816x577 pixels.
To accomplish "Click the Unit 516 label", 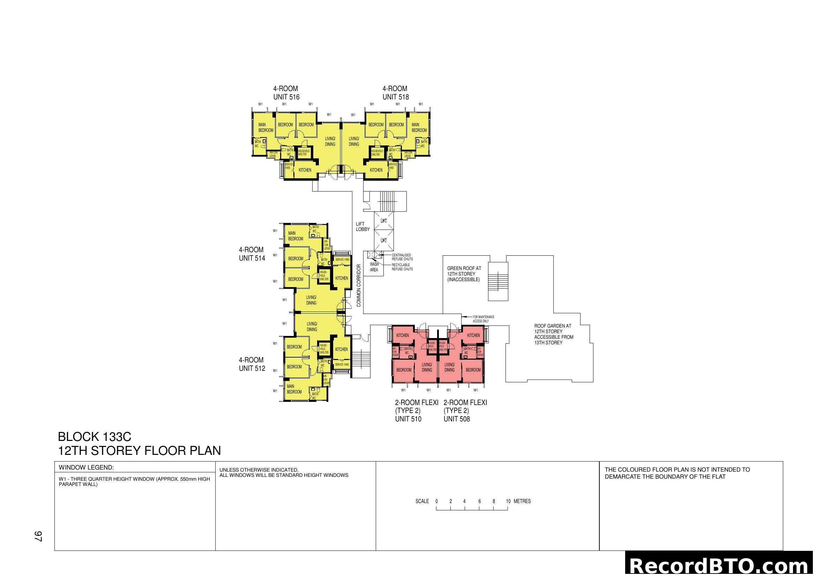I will tap(286, 97).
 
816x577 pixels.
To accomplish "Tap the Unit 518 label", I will tap(396, 97).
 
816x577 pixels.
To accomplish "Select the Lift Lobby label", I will tap(362, 227).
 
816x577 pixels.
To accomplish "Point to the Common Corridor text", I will tap(359, 285).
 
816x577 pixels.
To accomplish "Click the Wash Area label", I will tap(374, 267).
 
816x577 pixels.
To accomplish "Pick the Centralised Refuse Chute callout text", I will tap(402, 257).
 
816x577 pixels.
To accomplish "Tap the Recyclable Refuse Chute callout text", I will tap(402, 267).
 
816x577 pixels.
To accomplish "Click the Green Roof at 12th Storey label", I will tap(464, 274).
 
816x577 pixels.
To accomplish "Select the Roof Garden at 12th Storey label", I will tap(553, 334).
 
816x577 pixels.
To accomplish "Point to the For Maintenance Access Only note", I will tap(483, 319).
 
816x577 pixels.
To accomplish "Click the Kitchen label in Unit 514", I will tap(342, 278).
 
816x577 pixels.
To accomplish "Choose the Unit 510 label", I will tap(408, 419).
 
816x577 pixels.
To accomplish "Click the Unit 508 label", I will tap(456, 419).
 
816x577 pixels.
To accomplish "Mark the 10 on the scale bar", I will tap(508, 501).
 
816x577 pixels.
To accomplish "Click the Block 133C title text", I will tap(95, 437).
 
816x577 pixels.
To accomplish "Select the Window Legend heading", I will tap(86, 467).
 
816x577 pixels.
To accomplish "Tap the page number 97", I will tap(38, 537).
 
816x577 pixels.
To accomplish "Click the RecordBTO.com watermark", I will tap(720, 565).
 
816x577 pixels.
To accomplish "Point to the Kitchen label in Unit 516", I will tap(305, 170).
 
